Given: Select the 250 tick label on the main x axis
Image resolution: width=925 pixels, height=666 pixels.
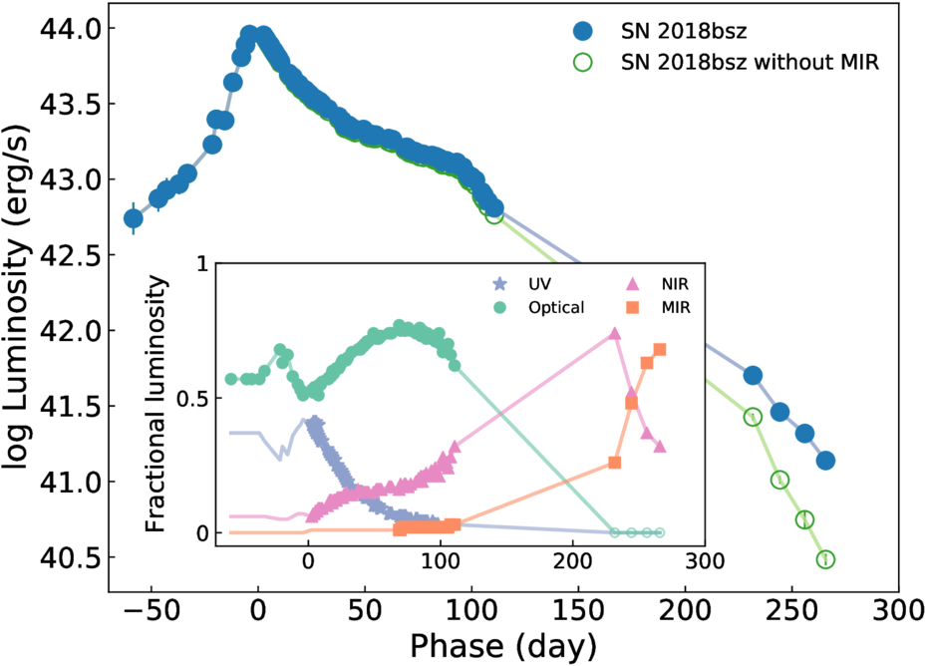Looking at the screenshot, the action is point(792,611).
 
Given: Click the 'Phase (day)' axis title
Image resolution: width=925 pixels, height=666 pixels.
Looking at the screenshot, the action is point(503,646).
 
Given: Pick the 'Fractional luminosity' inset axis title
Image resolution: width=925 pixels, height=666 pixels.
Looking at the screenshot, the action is point(156,404).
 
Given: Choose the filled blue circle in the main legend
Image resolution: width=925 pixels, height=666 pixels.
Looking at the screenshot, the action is point(583,31).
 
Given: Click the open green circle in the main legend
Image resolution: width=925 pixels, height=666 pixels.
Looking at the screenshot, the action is point(583,62).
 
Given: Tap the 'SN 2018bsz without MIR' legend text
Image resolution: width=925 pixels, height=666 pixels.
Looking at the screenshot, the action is point(750,62).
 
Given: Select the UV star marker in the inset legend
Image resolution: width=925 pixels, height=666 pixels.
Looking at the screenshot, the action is point(499,284).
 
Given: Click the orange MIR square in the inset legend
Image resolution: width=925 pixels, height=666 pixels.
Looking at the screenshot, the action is point(632,307).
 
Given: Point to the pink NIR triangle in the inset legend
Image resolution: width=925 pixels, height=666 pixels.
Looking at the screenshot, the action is point(632,284).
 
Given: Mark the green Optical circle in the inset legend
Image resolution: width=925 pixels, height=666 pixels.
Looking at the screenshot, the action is point(499,307).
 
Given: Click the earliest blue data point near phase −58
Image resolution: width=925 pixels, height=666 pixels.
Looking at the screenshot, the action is point(134,218).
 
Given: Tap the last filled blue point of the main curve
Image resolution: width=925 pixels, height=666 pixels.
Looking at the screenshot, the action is point(825,461).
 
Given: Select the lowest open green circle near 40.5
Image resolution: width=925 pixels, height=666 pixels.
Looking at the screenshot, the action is point(826,558).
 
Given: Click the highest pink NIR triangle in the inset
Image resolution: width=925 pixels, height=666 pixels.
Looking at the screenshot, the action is point(615,333).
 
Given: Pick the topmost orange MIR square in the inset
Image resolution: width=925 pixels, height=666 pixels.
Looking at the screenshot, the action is point(660,350).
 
